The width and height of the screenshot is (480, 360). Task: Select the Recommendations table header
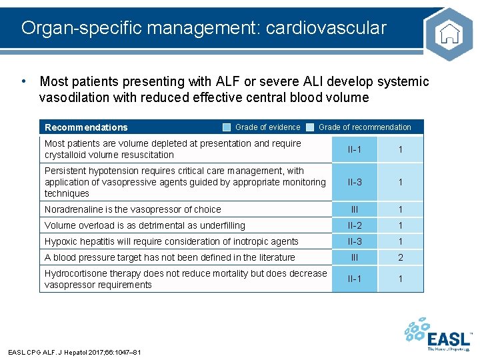pos(86,127)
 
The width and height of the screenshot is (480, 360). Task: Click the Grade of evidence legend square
pos(227,127)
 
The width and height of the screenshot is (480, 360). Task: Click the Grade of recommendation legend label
pos(365,127)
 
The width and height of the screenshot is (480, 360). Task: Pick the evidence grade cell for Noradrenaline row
pos(355,209)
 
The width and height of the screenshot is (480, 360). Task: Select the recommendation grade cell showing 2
pos(400,257)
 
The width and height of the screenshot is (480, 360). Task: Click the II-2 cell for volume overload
pos(355,226)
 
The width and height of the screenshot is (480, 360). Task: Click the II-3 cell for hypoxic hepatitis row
pos(355,241)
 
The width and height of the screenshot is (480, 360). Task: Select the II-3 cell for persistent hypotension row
pos(355,182)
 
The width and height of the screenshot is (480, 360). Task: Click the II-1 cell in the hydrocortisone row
pos(355,279)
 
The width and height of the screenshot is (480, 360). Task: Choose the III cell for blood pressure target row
pos(355,257)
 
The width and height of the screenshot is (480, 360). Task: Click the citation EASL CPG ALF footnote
pos(74,352)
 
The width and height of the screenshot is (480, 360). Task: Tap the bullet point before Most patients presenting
pos(24,81)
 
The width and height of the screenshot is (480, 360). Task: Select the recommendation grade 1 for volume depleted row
pos(400,149)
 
